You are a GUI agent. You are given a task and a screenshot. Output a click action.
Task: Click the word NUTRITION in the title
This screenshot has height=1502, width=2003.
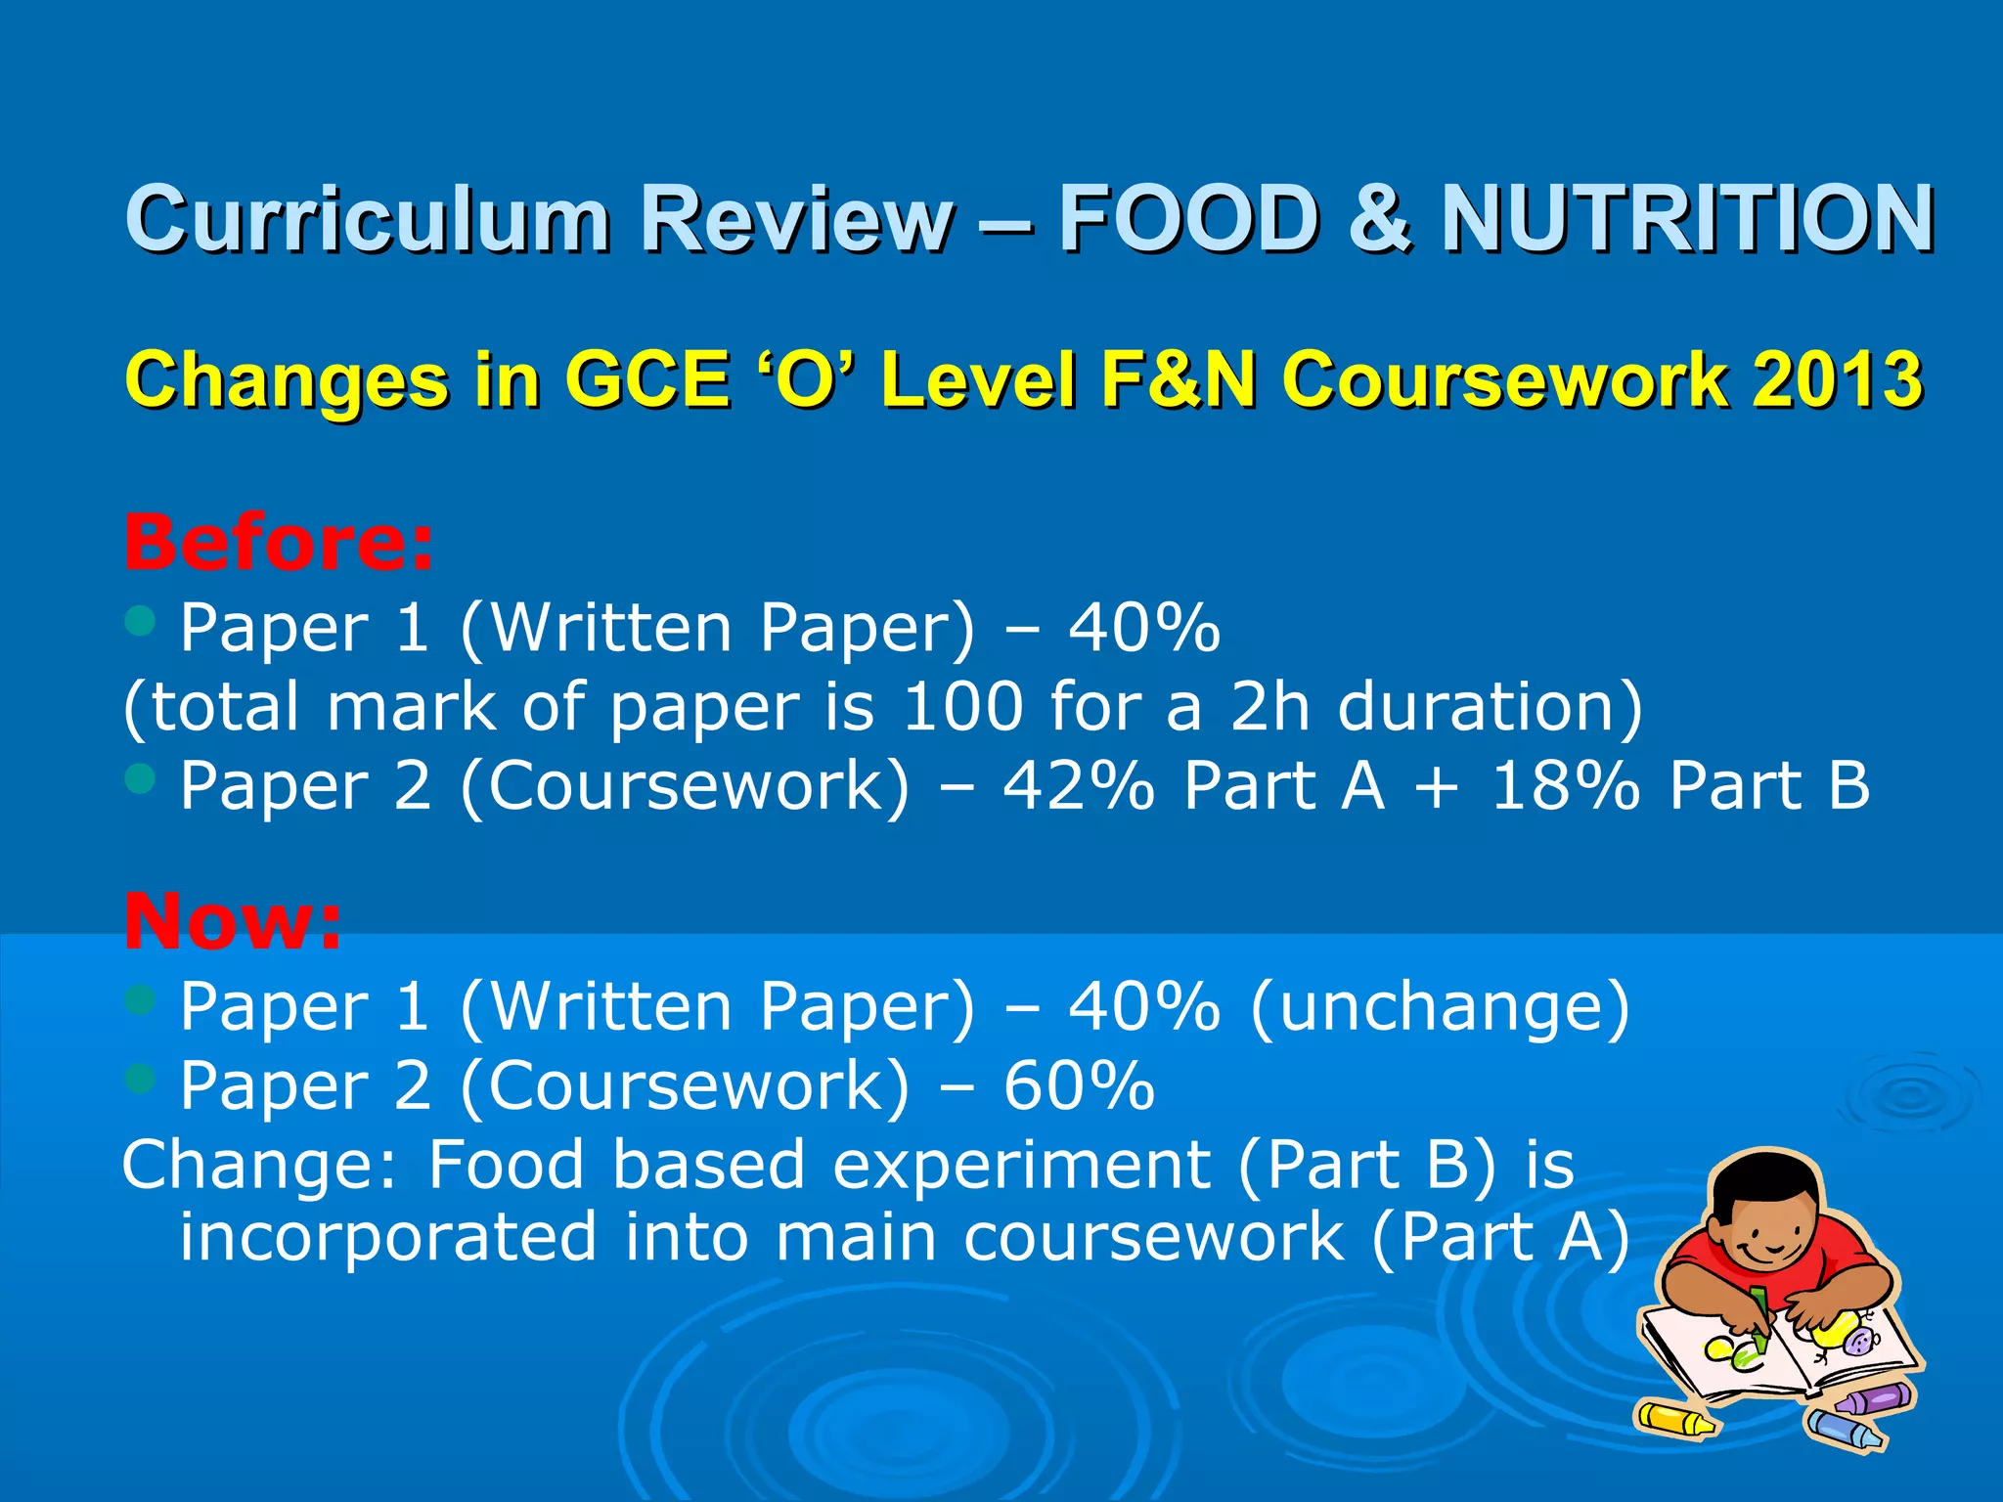1687,219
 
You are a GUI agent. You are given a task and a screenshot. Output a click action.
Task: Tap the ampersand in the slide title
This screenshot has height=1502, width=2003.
1379,219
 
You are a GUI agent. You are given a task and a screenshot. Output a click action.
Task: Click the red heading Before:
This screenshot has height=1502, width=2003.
279,543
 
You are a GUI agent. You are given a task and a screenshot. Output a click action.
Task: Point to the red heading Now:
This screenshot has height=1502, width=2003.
233,921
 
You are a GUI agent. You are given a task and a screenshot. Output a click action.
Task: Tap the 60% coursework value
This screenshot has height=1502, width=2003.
1079,1085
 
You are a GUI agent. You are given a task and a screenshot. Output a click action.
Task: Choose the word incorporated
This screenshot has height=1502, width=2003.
387,1237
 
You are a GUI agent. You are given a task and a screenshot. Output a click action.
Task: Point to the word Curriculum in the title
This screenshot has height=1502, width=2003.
368,219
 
